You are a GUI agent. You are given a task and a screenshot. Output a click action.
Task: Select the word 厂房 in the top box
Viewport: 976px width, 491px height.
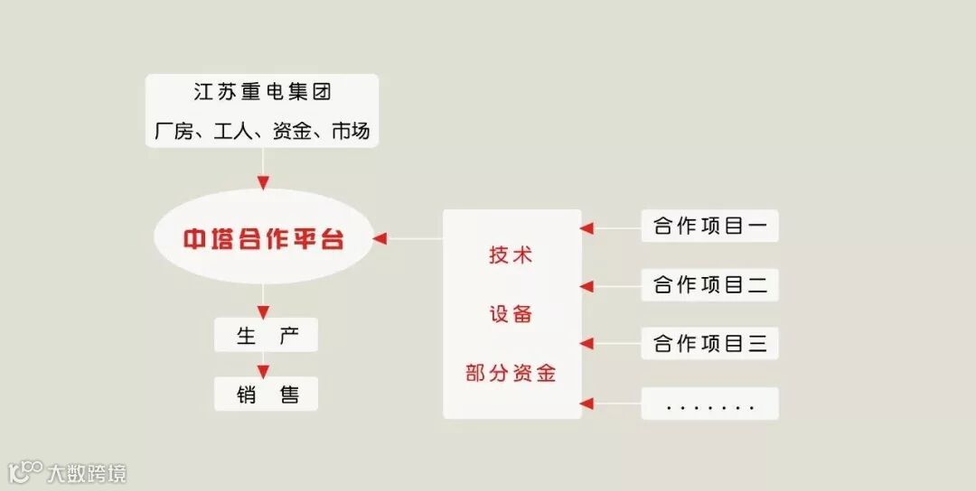174,131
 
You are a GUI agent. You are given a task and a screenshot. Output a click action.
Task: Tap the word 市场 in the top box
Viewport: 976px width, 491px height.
350,131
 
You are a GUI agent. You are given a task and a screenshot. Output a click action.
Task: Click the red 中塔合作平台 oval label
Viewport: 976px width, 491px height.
264,240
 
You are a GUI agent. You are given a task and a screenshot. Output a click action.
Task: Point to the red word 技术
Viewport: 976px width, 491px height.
511,255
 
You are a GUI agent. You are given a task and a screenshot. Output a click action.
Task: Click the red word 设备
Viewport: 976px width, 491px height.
511,314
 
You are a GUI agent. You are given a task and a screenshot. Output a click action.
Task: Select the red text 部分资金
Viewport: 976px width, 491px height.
511,373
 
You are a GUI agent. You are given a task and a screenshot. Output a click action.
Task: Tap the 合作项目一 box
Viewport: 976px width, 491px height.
709,226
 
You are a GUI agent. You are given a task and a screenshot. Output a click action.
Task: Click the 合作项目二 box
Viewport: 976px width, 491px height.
709,285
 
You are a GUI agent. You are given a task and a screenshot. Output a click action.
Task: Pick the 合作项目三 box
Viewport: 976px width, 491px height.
709,344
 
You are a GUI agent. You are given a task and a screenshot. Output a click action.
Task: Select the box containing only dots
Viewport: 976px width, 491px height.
709,404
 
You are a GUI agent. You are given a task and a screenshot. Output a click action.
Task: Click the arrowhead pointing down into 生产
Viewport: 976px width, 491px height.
263,312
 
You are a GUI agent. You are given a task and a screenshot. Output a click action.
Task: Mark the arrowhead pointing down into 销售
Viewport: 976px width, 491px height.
263,371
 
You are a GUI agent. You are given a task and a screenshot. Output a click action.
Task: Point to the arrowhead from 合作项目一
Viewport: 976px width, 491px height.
587,227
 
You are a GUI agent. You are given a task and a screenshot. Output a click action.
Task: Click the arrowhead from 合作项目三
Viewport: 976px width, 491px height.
587,344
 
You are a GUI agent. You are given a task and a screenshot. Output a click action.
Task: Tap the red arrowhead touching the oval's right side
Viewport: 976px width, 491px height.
380,239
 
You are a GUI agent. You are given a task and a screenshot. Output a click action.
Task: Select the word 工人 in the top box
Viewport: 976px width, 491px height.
233,131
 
